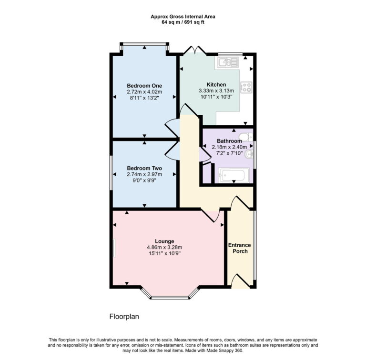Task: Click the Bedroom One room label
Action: (144, 85)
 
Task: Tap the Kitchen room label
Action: (216, 84)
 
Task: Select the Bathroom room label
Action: (230, 141)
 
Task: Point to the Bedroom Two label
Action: (144, 168)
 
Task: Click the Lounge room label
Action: (164, 241)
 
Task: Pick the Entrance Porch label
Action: (239, 248)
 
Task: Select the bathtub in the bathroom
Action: (231, 175)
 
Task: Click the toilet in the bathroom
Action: (245, 138)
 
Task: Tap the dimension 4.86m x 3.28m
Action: (164, 247)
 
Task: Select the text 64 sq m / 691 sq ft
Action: (183, 22)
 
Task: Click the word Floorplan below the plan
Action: (124, 316)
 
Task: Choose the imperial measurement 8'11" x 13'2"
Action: (144, 98)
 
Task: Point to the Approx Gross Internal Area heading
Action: (183, 16)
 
